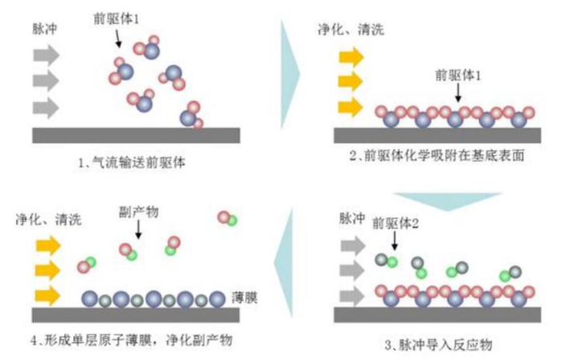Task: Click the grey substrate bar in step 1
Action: tap(135, 135)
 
